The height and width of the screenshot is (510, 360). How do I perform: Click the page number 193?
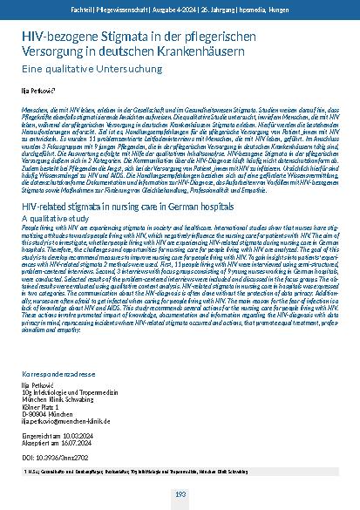tap(180, 494)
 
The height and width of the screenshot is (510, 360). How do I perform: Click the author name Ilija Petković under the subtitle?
tap(39, 89)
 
